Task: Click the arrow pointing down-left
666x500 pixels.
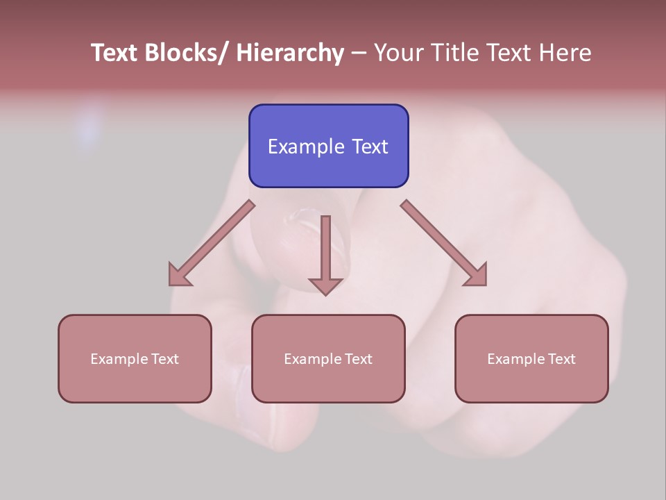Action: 212,243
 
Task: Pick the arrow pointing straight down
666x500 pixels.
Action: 325,253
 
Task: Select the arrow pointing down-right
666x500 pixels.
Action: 444,243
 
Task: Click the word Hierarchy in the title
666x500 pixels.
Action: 290,53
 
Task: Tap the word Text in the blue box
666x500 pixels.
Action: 370,147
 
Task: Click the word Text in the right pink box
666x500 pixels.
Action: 562,359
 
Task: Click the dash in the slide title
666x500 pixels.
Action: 359,53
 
